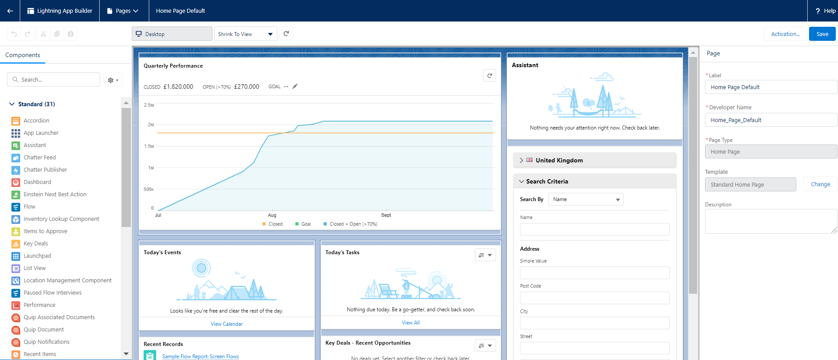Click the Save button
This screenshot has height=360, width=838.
(x=822, y=34)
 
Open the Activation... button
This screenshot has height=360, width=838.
(x=785, y=34)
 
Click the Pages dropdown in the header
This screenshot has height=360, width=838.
(x=122, y=11)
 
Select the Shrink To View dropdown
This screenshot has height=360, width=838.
(x=245, y=34)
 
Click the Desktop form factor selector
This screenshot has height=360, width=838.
(x=172, y=34)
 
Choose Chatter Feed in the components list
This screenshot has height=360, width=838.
(x=40, y=157)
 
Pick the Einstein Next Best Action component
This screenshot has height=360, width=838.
(x=55, y=194)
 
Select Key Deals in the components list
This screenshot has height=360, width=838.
(x=36, y=243)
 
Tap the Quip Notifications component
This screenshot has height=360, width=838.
(x=47, y=342)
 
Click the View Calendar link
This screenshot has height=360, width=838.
(x=227, y=324)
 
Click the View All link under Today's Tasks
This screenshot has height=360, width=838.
(x=410, y=323)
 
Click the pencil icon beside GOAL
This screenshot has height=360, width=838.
(x=295, y=86)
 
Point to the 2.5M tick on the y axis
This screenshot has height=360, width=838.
(x=149, y=105)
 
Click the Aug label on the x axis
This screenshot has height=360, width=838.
(x=272, y=215)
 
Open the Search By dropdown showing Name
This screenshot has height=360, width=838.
(x=586, y=199)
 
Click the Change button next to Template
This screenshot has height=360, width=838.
(x=820, y=184)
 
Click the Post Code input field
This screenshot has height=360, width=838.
(x=594, y=298)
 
